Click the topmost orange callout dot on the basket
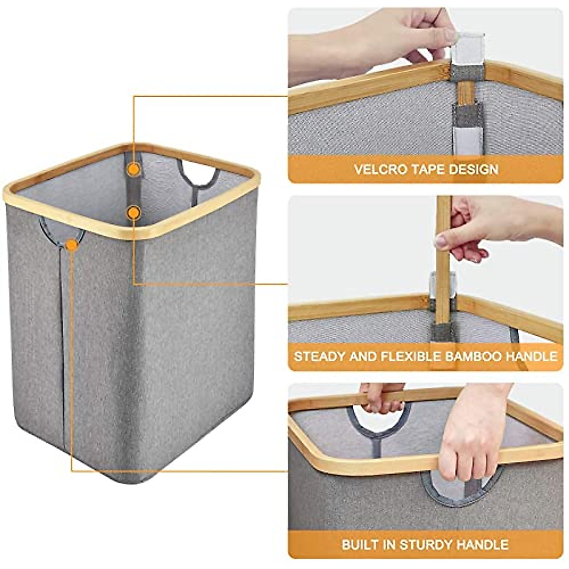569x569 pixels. (x=135, y=168)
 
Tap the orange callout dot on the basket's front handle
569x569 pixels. (x=72, y=245)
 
